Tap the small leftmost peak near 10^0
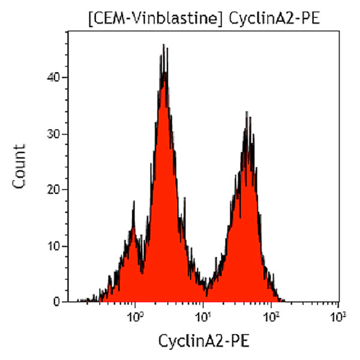(133, 202)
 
